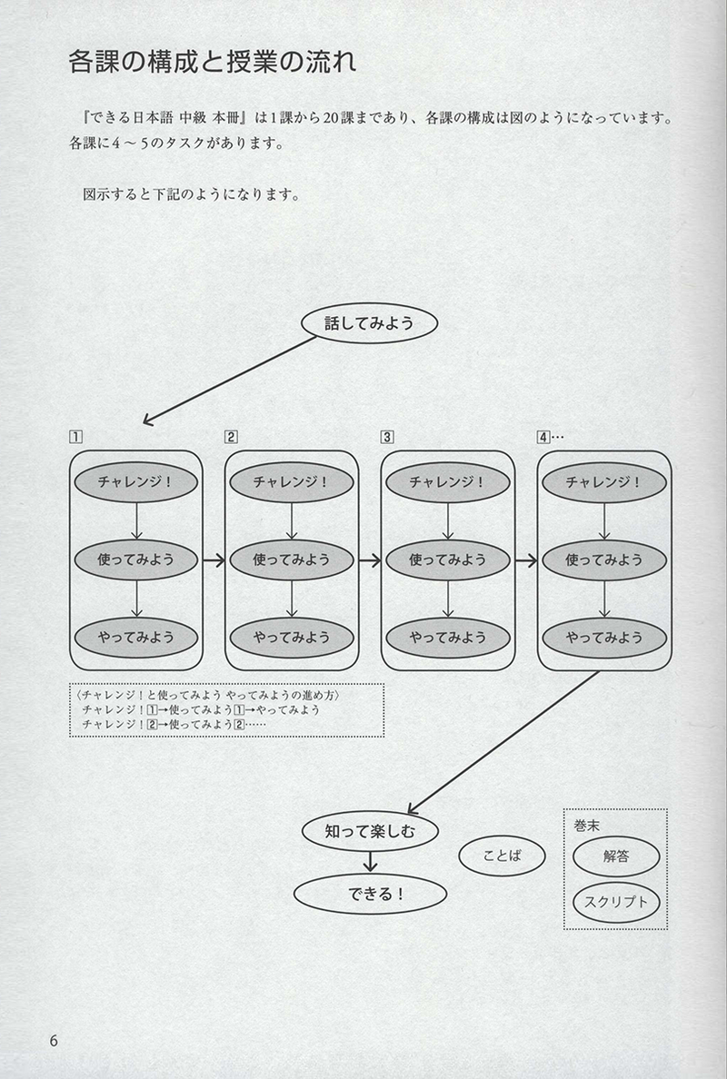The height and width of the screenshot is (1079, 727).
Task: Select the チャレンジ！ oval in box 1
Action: (135, 482)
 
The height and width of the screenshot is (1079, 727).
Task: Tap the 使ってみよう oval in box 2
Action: (292, 559)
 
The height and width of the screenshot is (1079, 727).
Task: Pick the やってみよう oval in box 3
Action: (448, 637)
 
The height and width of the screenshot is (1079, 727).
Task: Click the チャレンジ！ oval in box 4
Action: (604, 482)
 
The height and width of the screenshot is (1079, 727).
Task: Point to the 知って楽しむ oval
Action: (369, 829)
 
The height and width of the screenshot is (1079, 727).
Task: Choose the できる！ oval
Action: (370, 893)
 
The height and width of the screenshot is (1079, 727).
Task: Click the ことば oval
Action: (503, 855)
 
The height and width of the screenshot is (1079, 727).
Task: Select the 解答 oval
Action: (616, 855)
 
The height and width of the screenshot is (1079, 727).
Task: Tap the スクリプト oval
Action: (616, 902)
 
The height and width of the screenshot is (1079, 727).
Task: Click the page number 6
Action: (54, 1040)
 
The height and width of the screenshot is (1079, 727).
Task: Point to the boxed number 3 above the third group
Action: (388, 437)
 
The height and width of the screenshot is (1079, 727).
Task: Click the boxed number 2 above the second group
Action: (232, 437)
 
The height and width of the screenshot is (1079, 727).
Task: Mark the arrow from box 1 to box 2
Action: (214, 560)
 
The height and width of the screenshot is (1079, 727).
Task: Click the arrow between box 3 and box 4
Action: (526, 560)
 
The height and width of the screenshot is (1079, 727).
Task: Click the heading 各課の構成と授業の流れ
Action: (213, 63)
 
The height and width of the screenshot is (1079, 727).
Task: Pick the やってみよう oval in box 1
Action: (135, 637)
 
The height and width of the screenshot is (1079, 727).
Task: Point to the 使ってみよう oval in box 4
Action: (604, 559)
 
